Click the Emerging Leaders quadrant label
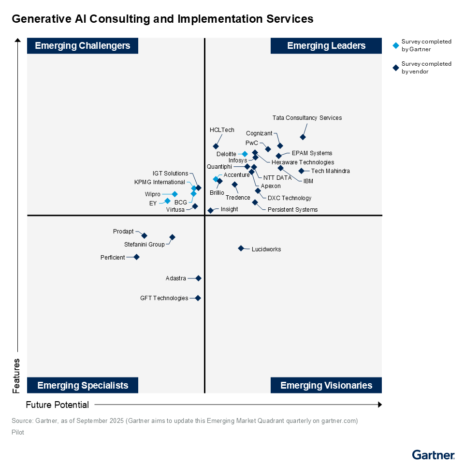click(x=326, y=46)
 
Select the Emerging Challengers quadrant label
click(x=83, y=46)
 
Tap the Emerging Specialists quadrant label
click(x=83, y=385)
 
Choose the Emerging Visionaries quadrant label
click(x=326, y=385)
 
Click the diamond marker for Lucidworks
click(x=241, y=248)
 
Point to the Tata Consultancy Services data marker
click(x=303, y=137)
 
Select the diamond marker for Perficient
click(x=136, y=257)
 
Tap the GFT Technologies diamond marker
click(x=198, y=298)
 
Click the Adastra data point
click(x=198, y=278)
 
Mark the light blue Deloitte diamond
click(x=245, y=154)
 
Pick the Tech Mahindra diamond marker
click(x=301, y=171)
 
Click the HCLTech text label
click(x=222, y=130)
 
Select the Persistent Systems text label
click(x=292, y=210)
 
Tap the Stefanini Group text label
click(x=145, y=245)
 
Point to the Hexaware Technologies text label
click(x=303, y=162)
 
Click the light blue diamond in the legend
click(x=396, y=45)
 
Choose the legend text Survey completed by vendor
click(x=426, y=68)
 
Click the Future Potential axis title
click(x=58, y=405)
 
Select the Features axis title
click(x=16, y=376)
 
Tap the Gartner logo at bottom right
click(x=433, y=455)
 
